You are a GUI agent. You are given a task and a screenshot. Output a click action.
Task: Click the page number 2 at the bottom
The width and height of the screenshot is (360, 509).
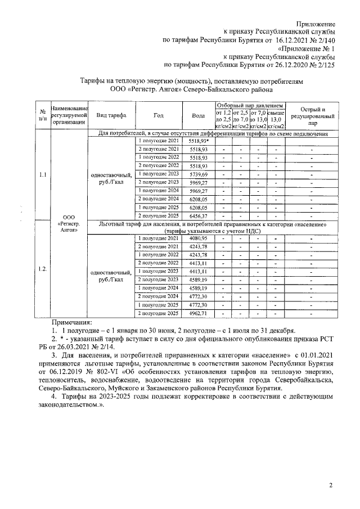pyautogui.click(x=331, y=485)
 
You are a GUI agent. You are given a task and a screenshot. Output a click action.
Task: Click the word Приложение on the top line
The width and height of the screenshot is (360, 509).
pyautogui.click(x=314, y=25)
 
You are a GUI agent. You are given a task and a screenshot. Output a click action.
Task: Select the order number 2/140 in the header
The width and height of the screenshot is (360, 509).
pyautogui.click(x=323, y=40)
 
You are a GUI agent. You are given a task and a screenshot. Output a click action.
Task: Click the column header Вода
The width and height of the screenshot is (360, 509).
pyautogui.click(x=198, y=115)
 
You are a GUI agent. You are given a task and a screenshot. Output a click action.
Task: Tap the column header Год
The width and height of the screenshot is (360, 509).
pyautogui.click(x=158, y=115)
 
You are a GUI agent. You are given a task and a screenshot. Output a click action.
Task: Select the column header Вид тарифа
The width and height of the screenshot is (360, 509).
pyautogui.click(x=111, y=115)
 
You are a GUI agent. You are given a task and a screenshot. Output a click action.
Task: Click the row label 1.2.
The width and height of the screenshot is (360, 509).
pyautogui.click(x=42, y=269)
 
